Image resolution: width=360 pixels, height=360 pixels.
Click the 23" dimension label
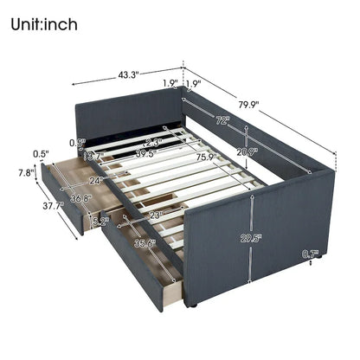coord(156,213)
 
